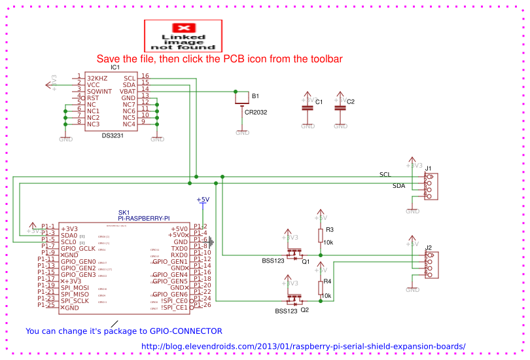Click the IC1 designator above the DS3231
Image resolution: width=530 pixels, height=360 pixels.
click(x=115, y=67)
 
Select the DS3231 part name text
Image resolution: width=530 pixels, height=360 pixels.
click(x=115, y=135)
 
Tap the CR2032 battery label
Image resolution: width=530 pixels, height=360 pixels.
click(x=256, y=112)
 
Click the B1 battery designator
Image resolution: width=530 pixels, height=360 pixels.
click(x=256, y=96)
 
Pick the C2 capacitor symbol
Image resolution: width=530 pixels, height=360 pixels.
click(x=339, y=107)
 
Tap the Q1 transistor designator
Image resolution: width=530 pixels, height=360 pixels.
click(x=305, y=261)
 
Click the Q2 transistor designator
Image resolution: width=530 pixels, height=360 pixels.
click(x=305, y=310)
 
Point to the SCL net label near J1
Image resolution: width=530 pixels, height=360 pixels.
click(x=385, y=175)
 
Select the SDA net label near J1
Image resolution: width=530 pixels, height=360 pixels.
click(x=398, y=186)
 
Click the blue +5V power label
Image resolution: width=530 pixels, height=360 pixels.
click(x=203, y=200)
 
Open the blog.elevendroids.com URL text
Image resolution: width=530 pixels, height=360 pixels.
click(x=303, y=346)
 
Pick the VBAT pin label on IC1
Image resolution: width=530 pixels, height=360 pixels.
click(x=128, y=91)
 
